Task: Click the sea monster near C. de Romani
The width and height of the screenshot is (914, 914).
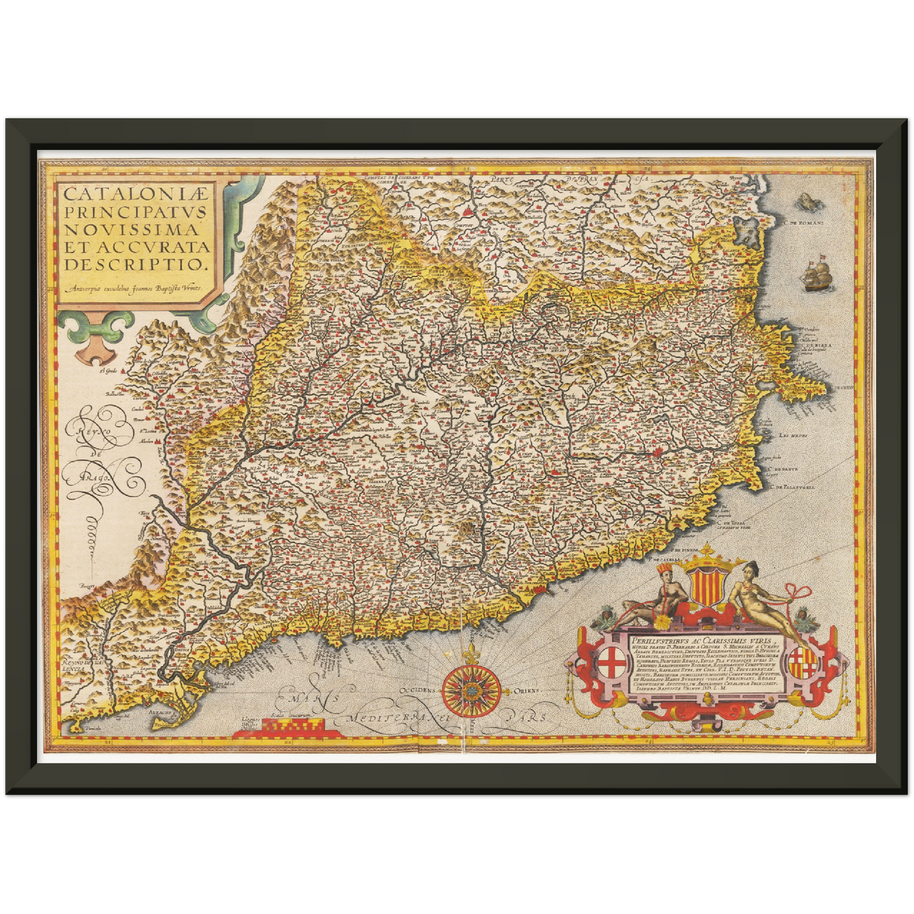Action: coord(805,203)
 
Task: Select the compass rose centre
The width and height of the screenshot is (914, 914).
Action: coord(472,690)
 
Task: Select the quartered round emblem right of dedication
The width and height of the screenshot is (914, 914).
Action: coord(802,662)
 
